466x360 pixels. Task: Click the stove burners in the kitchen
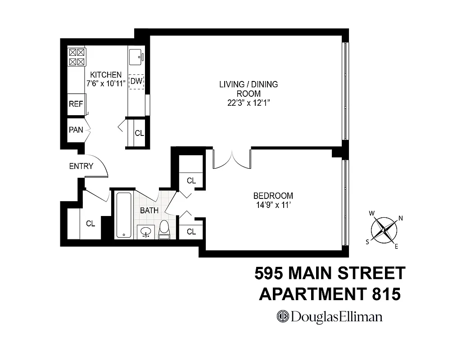[77, 58]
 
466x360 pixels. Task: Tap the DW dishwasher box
[136, 81]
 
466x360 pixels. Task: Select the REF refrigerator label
[76, 104]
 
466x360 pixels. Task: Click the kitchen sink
[136, 57]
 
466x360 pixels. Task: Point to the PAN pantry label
[76, 130]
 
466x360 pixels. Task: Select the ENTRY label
[81, 166]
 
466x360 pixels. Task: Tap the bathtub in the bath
[123, 215]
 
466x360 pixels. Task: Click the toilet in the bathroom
[164, 229]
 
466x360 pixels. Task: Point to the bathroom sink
[145, 232]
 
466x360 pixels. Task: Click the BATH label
[149, 210]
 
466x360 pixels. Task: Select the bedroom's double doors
[231, 159]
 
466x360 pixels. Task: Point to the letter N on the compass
[400, 219]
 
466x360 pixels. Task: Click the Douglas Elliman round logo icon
[282, 316]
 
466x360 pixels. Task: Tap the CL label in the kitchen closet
[139, 133]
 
